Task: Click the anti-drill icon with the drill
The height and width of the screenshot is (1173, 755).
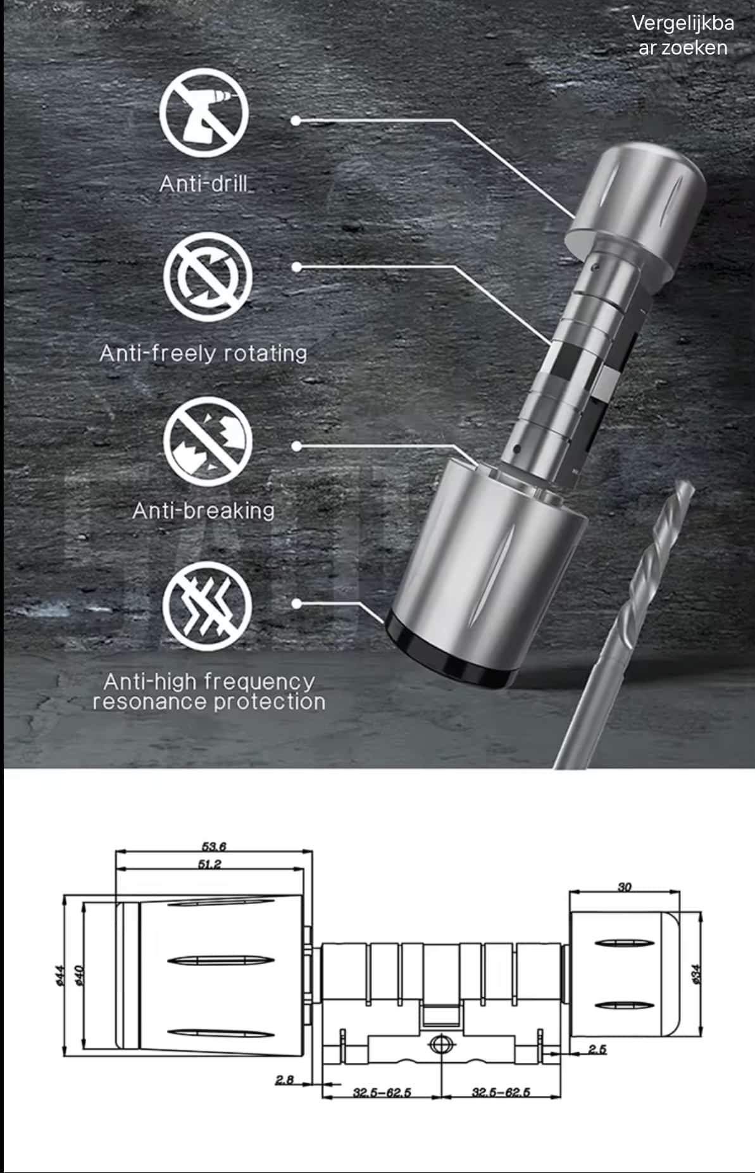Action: [204, 113]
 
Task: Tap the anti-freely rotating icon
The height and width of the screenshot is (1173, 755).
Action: [208, 276]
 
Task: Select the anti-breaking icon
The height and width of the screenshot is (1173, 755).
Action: [208, 442]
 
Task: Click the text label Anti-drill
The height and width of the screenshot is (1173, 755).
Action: [205, 183]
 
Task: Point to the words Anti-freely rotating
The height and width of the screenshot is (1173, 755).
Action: [203, 352]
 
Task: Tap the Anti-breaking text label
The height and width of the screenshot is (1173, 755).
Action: [203, 510]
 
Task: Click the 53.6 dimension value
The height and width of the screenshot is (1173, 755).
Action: [214, 847]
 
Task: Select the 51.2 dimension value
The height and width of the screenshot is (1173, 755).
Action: [209, 864]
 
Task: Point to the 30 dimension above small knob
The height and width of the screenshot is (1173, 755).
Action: [625, 886]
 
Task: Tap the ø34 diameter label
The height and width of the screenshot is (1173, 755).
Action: [697, 974]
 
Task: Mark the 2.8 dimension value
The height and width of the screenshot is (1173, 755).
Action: [285, 1080]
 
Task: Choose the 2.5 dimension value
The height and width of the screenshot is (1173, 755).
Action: [597, 1050]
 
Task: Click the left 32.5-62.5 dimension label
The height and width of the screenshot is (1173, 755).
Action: [382, 1092]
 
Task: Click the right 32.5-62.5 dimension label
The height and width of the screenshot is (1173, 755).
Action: [501, 1092]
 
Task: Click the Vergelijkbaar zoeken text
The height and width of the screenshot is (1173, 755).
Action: [683, 35]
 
